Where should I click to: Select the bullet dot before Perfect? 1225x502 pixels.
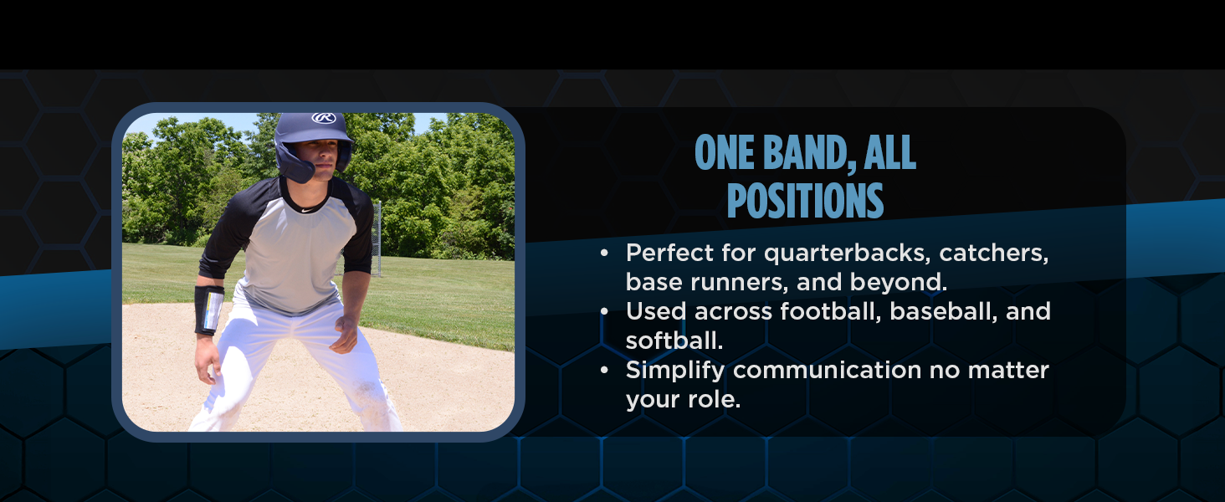pos(604,253)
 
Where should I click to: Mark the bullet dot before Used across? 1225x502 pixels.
pos(604,311)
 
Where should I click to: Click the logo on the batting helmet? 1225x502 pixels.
pos(324,118)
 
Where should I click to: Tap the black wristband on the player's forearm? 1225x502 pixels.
pos(208,310)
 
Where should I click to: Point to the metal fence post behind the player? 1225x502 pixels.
pos(378,238)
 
